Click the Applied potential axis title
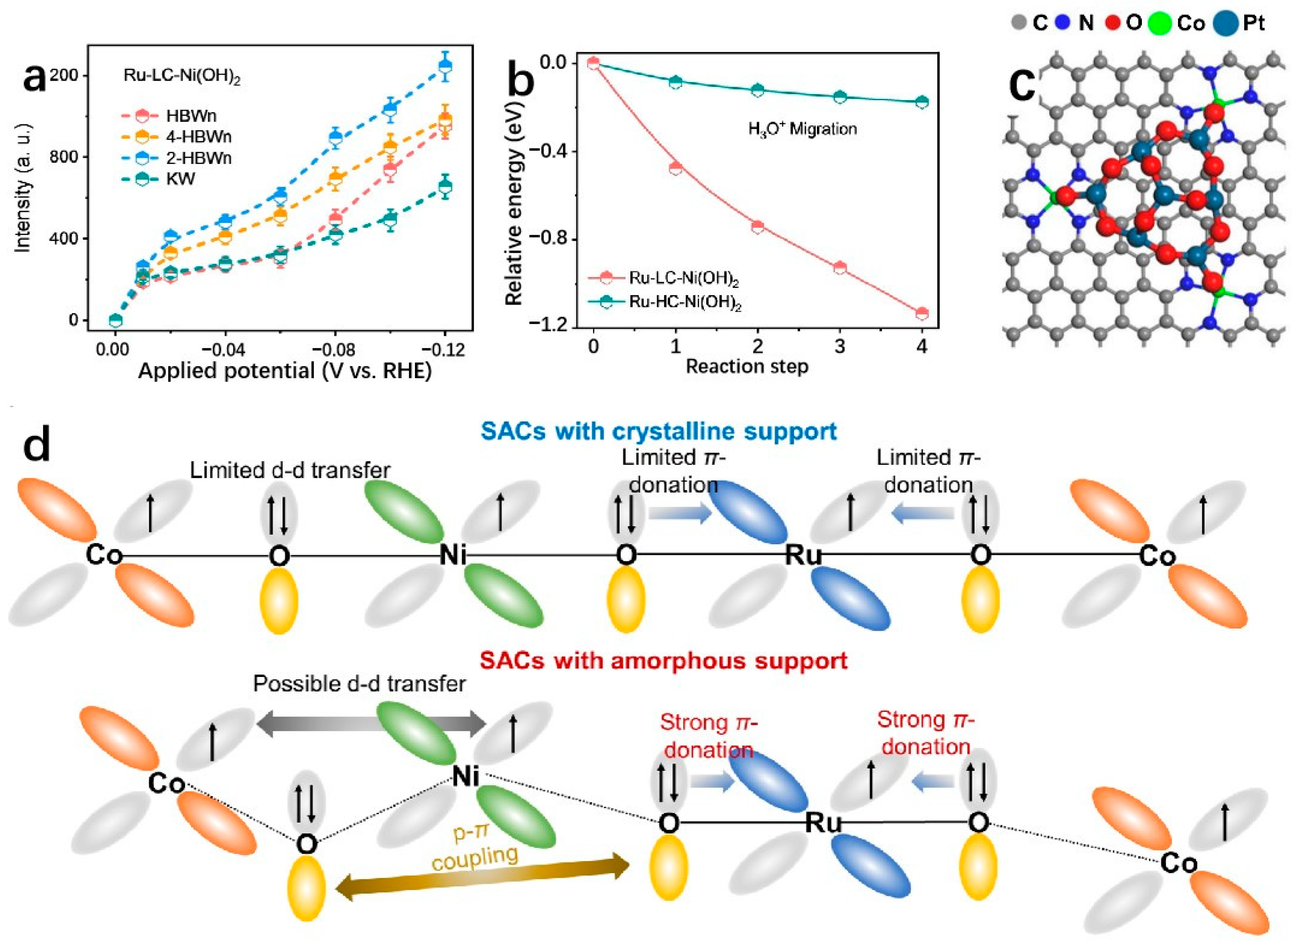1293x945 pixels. pyautogui.click(x=284, y=371)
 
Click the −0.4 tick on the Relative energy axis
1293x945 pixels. pyautogui.click(x=545, y=151)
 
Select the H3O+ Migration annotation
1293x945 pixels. pyautogui.click(x=802, y=129)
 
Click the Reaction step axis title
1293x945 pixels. pyautogui.click(x=747, y=366)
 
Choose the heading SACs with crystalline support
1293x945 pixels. pyautogui.click(x=659, y=431)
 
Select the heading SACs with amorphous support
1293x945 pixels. pyautogui.click(x=663, y=661)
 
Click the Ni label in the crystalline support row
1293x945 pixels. pyautogui.click(x=454, y=555)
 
